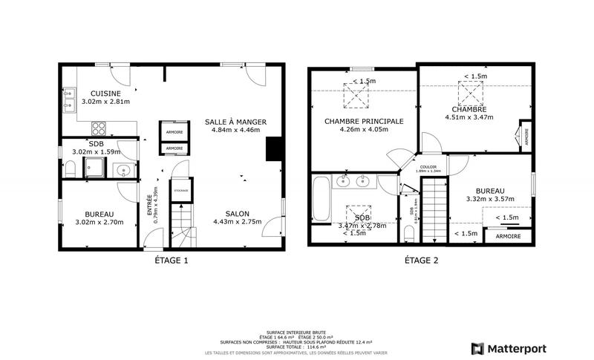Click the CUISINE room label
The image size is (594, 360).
(x=95, y=93)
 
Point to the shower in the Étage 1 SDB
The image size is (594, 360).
(x=94, y=167)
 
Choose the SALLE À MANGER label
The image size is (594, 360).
(x=235, y=122)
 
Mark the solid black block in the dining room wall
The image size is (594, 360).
(x=274, y=148)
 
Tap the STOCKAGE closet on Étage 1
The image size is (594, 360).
(x=181, y=191)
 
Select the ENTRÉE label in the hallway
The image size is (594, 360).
(x=149, y=198)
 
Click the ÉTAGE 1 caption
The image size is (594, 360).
(x=171, y=261)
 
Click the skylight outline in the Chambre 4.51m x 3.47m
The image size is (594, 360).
(x=470, y=93)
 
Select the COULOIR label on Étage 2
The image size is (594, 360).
(x=428, y=167)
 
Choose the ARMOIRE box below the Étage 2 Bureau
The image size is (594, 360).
(x=509, y=237)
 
